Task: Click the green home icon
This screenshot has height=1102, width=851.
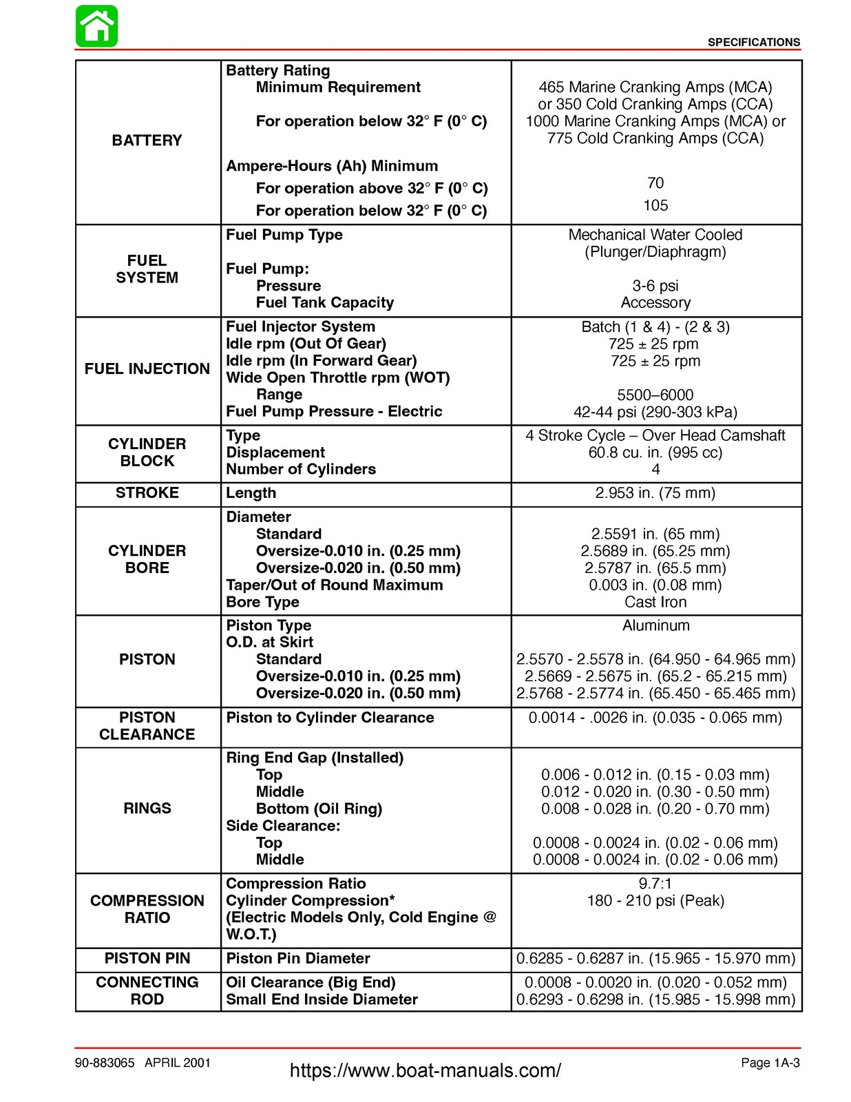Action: point(96,27)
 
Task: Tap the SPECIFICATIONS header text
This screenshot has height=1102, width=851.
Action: point(753,43)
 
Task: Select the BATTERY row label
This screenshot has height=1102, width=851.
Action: point(147,141)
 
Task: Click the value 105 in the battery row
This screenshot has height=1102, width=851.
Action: point(655,205)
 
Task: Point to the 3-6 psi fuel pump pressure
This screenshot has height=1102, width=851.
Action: point(655,286)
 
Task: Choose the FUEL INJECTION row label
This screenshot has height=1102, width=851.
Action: point(147,369)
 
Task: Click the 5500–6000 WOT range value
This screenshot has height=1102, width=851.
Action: point(655,395)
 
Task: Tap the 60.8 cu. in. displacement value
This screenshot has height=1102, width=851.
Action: point(655,453)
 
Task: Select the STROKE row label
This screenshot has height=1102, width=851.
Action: point(147,493)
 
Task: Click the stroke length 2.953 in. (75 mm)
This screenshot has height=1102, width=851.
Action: point(655,493)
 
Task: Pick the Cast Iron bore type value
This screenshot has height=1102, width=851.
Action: point(655,602)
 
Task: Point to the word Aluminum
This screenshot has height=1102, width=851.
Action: point(655,625)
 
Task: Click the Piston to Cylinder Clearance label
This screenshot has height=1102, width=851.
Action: point(330,718)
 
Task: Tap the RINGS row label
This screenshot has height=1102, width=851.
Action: point(147,809)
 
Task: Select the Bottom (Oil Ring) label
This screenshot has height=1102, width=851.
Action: point(319,809)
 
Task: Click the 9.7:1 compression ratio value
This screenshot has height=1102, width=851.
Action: point(655,884)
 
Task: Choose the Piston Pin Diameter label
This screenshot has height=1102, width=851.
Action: point(297,959)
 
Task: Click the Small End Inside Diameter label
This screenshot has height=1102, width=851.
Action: point(322,999)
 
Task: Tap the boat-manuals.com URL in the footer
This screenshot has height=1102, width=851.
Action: point(425,1070)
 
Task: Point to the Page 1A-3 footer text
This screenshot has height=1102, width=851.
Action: point(770,1063)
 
